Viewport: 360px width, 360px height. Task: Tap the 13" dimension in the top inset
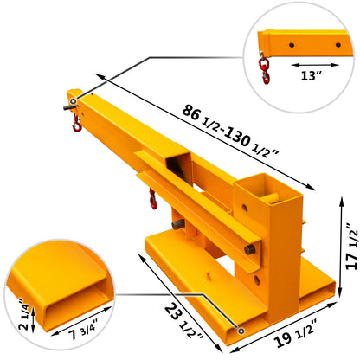coord(310,76)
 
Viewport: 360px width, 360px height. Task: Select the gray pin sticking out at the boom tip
coord(63,108)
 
